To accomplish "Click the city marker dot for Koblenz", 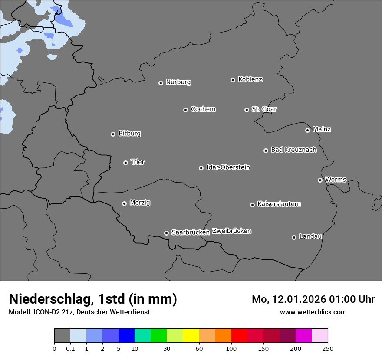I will coord(233,80).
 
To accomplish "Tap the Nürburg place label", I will coord(178,82).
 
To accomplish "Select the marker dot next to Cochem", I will coord(185,110).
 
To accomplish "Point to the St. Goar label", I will coord(264,109).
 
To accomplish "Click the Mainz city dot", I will coord(307,130).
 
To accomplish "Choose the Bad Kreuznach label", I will coord(293,150).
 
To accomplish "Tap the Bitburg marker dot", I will coord(113,134).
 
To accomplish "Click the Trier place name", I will coord(138,162).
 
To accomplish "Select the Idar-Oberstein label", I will coord(228,167).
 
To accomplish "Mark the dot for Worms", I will coord(320,180).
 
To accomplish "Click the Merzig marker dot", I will coord(124,203).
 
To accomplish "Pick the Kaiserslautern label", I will coord(279,204).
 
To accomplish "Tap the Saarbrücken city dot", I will coord(166,233).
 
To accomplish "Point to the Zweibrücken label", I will coord(231,231).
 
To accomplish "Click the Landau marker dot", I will coord(294,237).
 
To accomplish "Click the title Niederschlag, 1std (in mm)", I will coord(93,299).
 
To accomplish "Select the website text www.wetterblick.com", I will coord(313,312).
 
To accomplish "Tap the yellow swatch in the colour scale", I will coord(191,336).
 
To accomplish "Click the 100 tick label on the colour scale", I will coord(231,348).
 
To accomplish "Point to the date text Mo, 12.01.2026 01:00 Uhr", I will coord(313,299).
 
